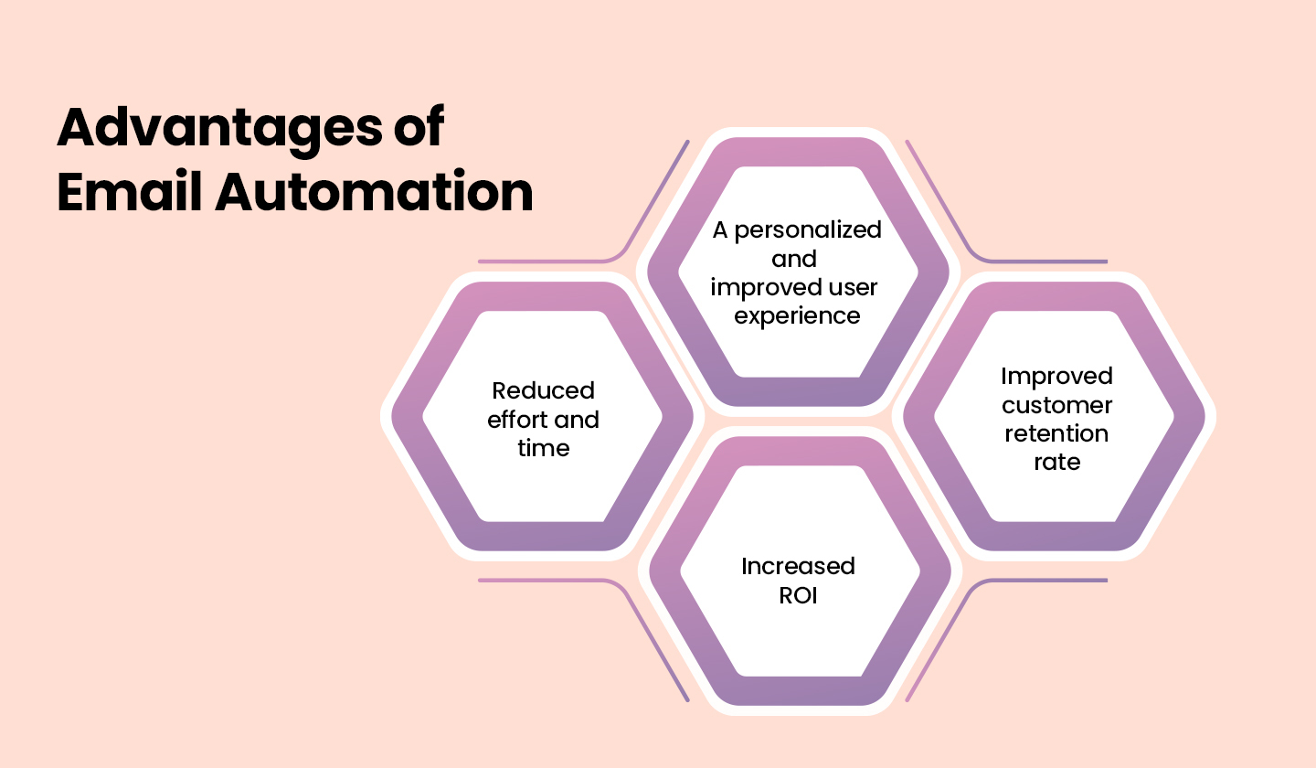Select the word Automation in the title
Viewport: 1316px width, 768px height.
(374, 192)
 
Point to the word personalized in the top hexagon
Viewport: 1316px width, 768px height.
(809, 229)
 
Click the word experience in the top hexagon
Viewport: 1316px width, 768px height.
(798, 315)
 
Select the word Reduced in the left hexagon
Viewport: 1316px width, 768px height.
(543, 390)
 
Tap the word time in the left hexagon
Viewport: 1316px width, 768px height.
(543, 448)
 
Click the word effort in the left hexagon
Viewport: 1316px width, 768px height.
(519, 420)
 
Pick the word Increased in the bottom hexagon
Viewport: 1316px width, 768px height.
(798, 566)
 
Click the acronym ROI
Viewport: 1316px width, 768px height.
(798, 595)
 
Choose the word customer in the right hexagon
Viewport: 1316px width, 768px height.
(1056, 404)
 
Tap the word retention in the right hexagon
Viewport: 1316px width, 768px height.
(1056, 432)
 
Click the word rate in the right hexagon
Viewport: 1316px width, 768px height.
(1056, 462)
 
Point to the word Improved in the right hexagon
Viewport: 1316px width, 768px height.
(1056, 376)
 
